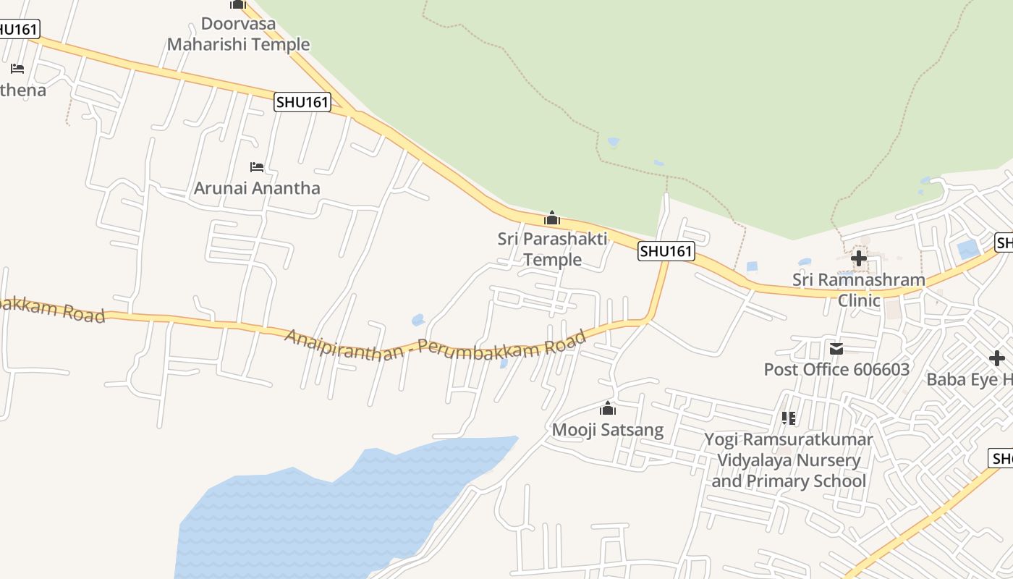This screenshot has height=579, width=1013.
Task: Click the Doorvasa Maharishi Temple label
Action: coord(238,34)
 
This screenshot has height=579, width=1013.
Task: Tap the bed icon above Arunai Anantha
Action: coord(257,167)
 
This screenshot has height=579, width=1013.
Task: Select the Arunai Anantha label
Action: coord(257,188)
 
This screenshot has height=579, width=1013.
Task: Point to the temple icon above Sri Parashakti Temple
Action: coord(552,217)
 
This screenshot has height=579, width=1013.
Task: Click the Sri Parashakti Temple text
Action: coord(552,248)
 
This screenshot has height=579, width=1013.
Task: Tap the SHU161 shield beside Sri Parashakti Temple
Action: coord(666,251)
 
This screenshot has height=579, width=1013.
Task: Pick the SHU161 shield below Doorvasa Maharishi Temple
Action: coord(302,102)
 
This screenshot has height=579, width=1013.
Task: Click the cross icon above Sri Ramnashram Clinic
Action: coord(859,258)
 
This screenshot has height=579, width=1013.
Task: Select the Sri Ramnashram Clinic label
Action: coord(859,289)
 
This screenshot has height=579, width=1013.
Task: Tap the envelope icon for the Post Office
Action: coord(836,349)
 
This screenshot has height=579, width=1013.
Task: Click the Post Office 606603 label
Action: coord(836,370)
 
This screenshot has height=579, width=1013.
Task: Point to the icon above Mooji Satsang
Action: coord(608,409)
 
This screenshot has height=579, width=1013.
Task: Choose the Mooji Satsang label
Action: coord(608,430)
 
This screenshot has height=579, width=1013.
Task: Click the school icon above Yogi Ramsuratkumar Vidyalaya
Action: coord(789,418)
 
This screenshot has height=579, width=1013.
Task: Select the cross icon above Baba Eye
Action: coord(997,358)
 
